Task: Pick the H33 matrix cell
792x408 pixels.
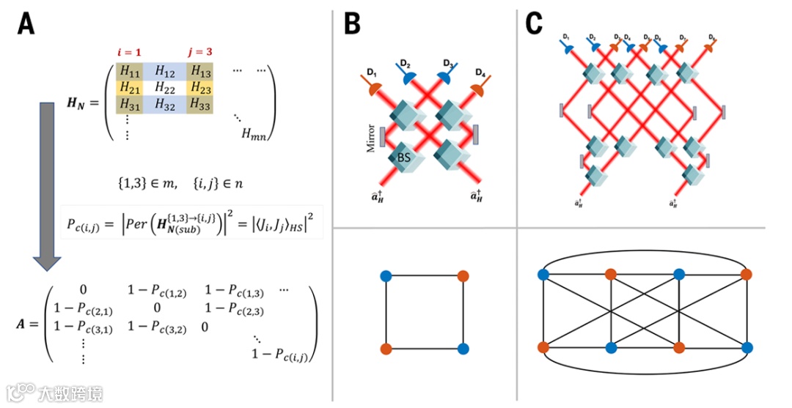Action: pyautogui.click(x=200, y=103)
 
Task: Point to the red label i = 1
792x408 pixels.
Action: pyautogui.click(x=129, y=52)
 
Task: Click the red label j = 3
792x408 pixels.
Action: pyautogui.click(x=199, y=52)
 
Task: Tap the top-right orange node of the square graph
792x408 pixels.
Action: pyautogui.click(x=462, y=276)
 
